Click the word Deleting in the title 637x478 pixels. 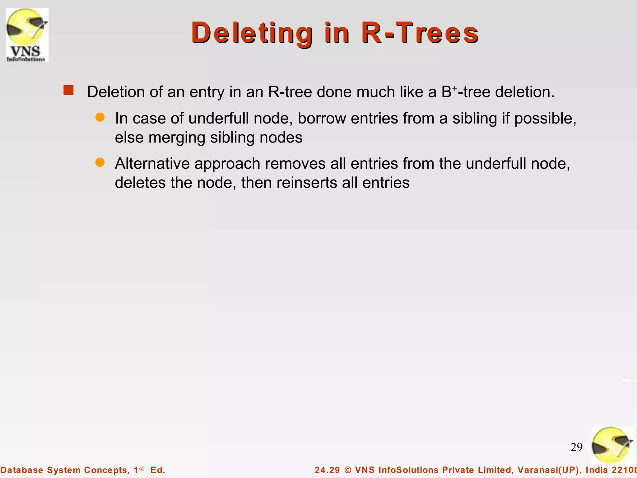point(252,33)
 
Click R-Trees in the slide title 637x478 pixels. point(420,33)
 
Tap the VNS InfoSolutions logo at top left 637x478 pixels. point(27,35)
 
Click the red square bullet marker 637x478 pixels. point(68,90)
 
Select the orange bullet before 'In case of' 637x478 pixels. point(100,117)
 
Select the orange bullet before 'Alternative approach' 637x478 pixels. point(100,162)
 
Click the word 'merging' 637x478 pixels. point(177,138)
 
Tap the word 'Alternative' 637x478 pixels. point(152,164)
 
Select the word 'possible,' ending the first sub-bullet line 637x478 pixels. point(545,119)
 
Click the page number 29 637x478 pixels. point(576,447)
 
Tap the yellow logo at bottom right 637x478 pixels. point(612,445)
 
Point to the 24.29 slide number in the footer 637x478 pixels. point(327,470)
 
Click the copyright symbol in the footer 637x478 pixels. point(348,470)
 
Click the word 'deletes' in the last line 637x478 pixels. point(140,183)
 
